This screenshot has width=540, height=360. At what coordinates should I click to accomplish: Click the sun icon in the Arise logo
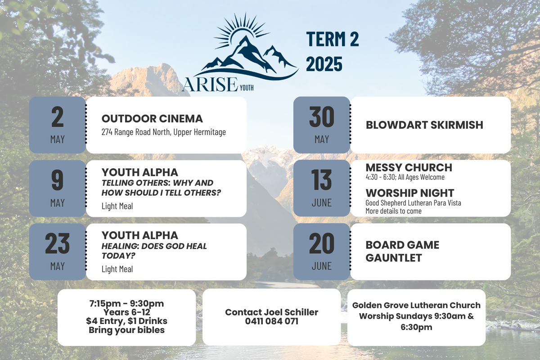point(242,30)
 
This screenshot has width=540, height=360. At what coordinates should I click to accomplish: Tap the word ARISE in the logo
point(210,85)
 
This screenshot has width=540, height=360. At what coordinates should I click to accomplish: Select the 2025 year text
point(324,64)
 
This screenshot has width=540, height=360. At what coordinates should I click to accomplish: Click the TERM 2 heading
point(333,39)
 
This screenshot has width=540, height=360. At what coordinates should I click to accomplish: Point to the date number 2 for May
point(58,117)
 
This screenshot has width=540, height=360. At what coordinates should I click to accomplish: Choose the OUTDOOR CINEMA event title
point(152,119)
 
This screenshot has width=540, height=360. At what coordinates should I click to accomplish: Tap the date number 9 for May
point(58,180)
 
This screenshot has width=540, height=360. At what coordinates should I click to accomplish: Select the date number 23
point(58,243)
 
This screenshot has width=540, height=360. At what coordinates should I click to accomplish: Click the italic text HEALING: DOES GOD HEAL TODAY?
point(154,251)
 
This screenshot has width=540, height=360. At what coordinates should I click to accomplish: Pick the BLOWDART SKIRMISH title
point(424,125)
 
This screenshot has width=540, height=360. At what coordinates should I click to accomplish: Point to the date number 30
point(322,117)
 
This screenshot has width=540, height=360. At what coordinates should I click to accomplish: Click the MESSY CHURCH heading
point(409,167)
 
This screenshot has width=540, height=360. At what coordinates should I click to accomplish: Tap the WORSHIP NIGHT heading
point(410,193)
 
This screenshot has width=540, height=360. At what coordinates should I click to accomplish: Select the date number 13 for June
point(321,180)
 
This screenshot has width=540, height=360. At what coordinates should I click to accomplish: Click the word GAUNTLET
point(394,258)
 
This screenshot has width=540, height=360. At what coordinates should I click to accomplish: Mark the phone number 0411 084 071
point(272,321)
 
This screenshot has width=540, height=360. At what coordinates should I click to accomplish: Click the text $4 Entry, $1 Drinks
point(126,321)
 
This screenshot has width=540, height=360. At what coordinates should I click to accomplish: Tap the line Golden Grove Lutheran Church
point(416,305)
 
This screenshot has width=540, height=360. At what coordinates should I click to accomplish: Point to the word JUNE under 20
point(322,266)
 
